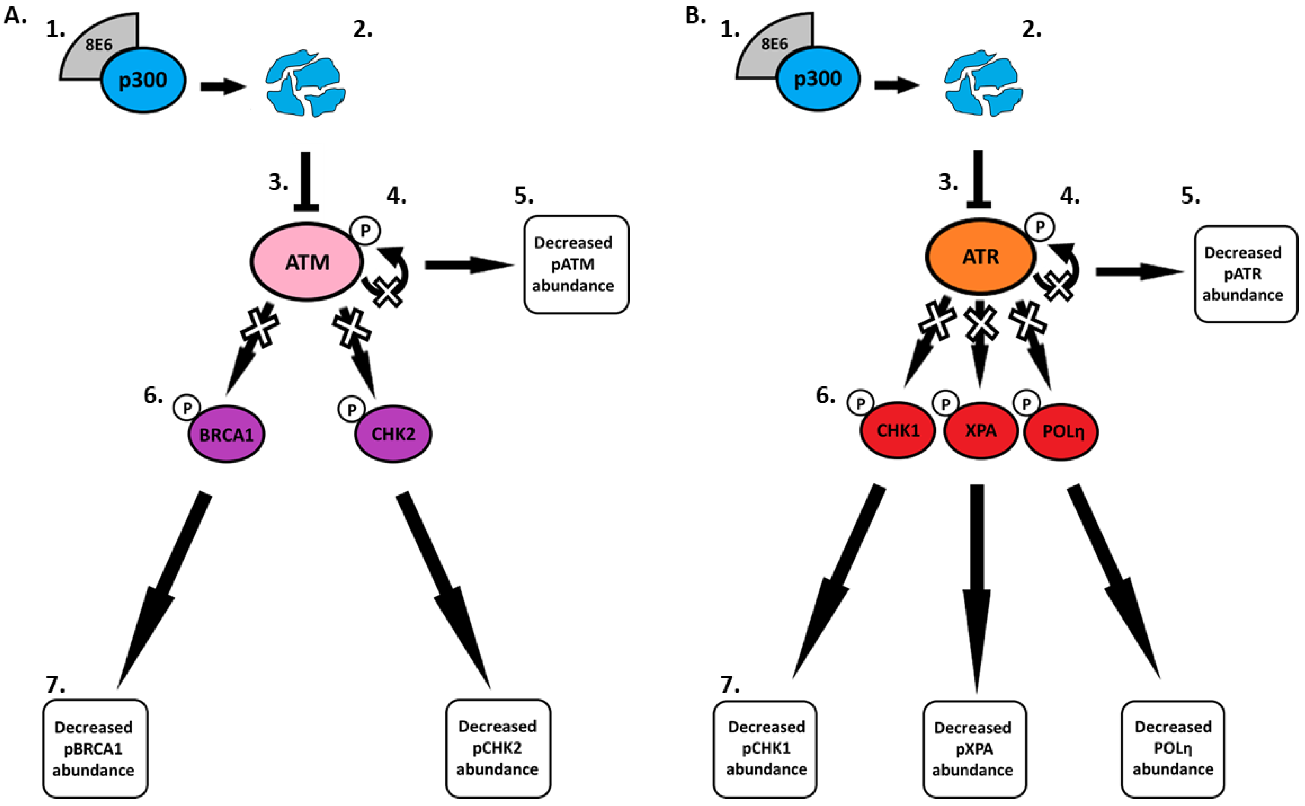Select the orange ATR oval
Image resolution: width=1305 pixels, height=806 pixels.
point(980,257)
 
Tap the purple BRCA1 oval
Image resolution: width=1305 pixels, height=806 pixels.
point(227,434)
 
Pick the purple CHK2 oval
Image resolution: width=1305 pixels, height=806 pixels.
point(393,434)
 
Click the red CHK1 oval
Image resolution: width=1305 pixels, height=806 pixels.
point(898,430)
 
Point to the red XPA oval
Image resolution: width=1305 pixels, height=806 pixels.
point(980,430)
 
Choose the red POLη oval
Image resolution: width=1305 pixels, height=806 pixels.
point(1061,431)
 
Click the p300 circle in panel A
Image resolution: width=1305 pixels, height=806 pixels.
point(143,80)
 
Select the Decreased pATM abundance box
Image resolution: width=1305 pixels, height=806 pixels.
point(576,264)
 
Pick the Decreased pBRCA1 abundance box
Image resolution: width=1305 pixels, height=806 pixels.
point(95,748)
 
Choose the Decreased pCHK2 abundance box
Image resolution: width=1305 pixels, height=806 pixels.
point(498,747)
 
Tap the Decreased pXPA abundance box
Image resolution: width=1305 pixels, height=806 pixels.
point(974,748)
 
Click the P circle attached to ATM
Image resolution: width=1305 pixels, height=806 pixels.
point(365,231)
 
